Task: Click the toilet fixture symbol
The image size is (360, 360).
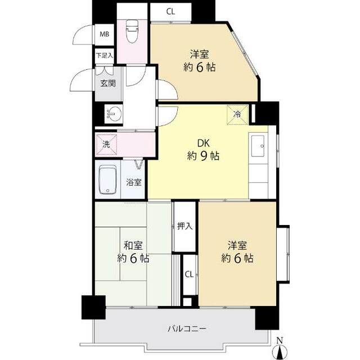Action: click(132, 31)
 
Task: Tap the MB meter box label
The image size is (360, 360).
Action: click(104, 34)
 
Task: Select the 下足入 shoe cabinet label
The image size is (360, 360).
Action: click(105, 55)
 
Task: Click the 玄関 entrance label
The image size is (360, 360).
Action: click(108, 83)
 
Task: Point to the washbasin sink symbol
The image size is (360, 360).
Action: click(114, 114)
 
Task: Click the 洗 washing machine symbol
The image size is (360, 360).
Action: click(106, 145)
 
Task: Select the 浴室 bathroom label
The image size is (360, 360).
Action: click(134, 182)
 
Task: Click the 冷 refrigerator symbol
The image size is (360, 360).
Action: click(237, 115)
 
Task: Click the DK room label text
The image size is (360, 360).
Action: click(203, 143)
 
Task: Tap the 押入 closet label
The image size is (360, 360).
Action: click(185, 226)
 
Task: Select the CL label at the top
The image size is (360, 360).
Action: click(170, 11)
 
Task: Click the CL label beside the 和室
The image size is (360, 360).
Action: click(189, 274)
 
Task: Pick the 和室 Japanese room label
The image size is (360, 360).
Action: click(133, 245)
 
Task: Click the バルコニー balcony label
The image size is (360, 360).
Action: click(187, 328)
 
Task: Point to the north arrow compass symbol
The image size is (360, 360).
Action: click(280, 351)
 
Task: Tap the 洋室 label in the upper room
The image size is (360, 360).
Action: click(199, 55)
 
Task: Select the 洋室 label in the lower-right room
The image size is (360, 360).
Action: click(237, 245)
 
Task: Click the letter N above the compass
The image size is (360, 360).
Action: click(280, 340)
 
